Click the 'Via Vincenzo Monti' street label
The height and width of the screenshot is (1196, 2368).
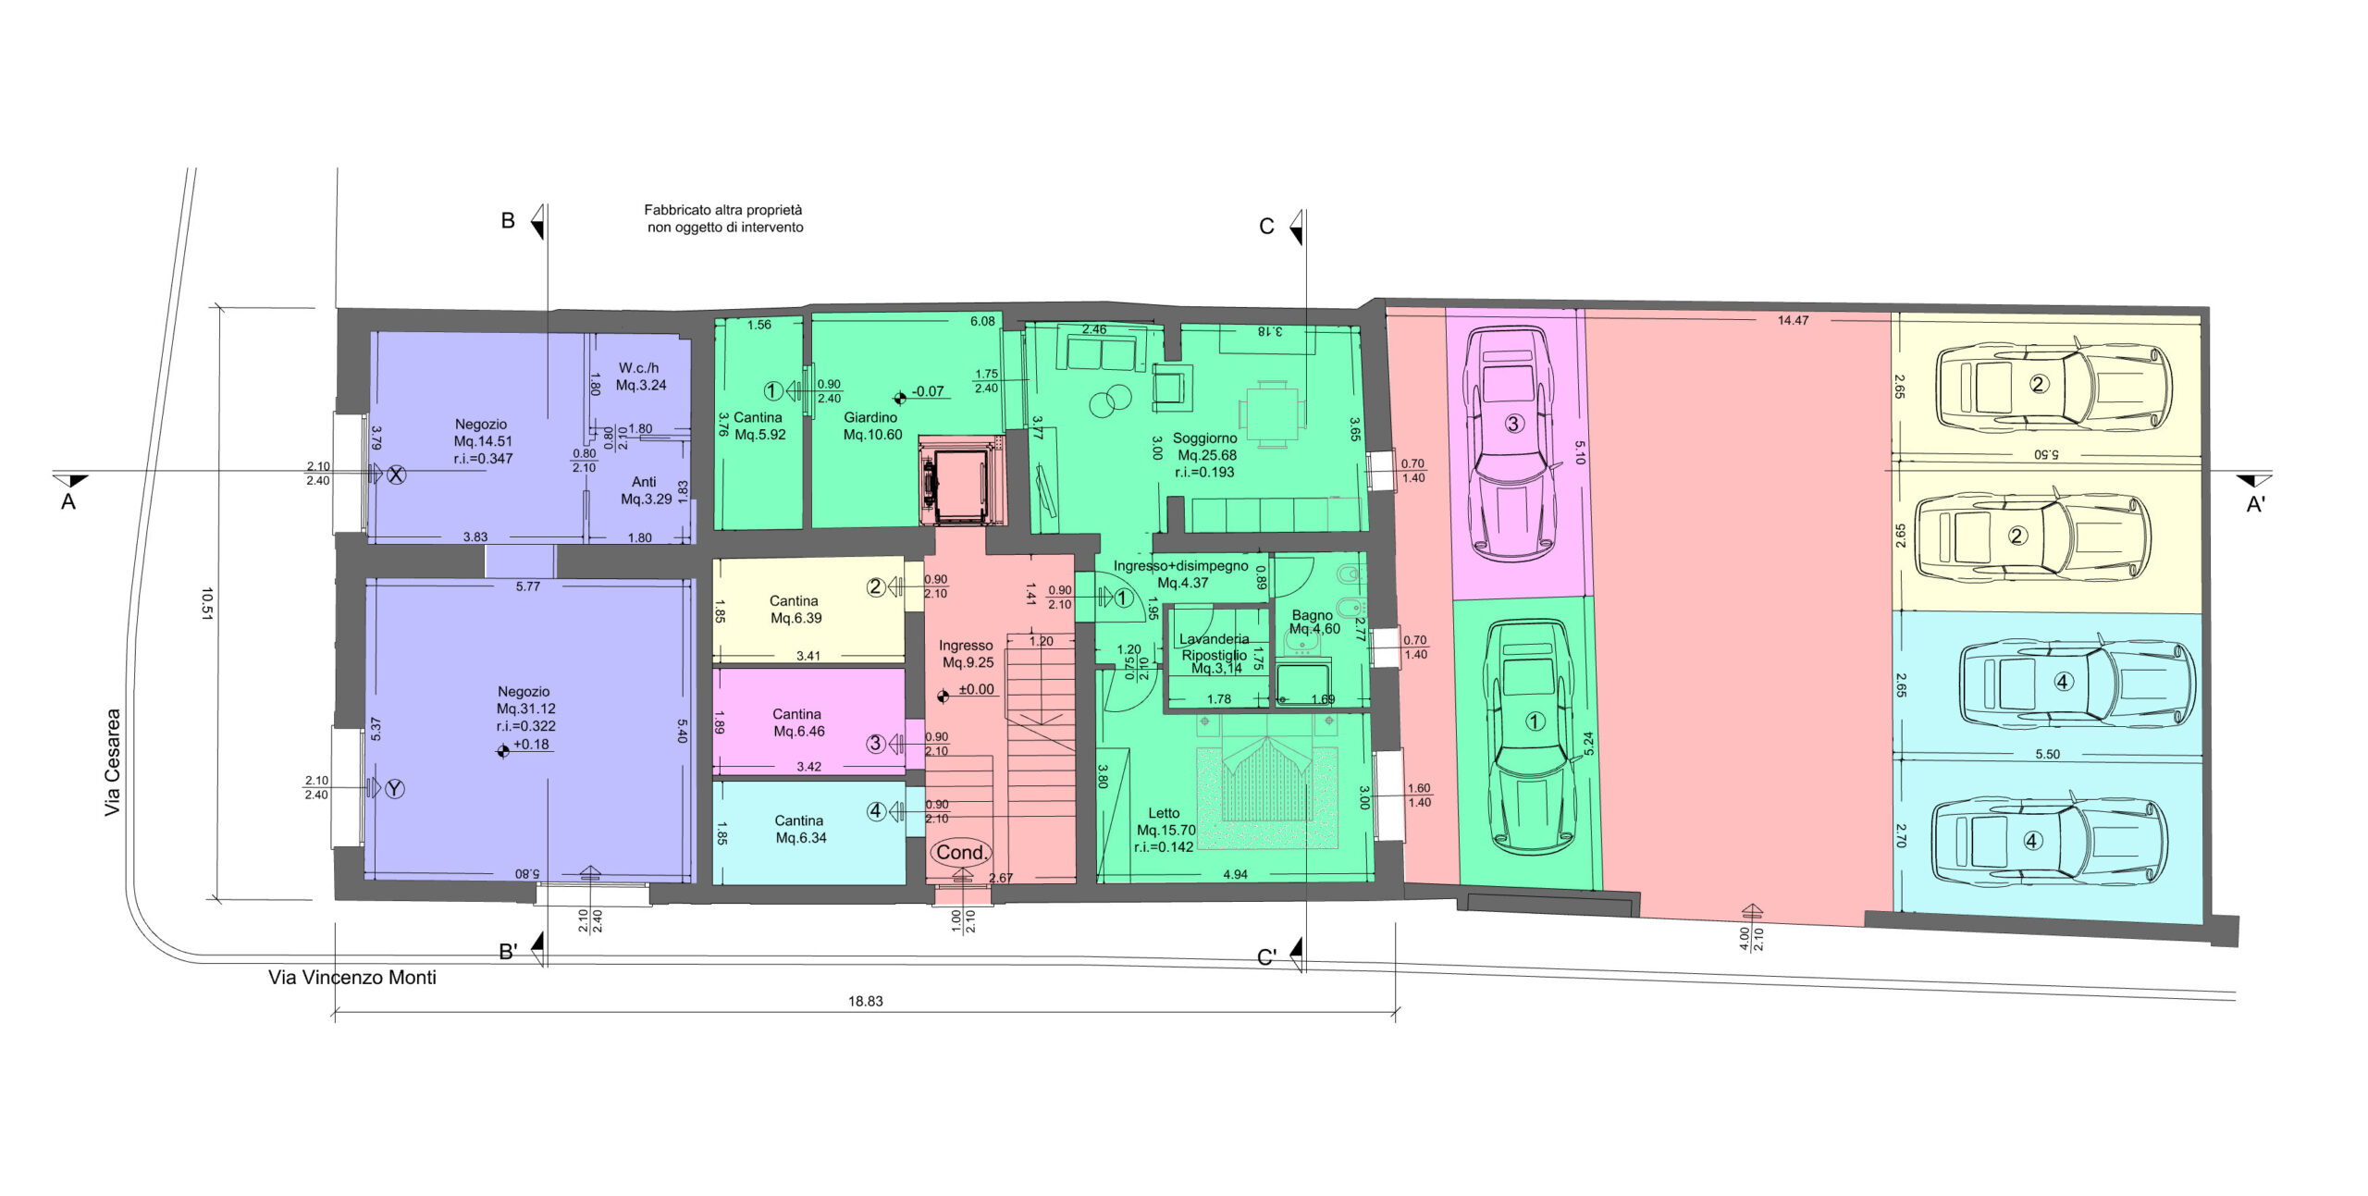click(x=352, y=977)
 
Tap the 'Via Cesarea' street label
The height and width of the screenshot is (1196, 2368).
click(x=112, y=762)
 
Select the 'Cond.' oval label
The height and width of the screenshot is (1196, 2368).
click(x=961, y=852)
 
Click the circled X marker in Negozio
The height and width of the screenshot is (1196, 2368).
click(x=396, y=475)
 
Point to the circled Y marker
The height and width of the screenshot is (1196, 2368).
click(x=394, y=789)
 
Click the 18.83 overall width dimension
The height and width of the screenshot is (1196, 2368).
click(x=865, y=1001)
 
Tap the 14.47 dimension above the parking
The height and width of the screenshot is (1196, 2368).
click(x=1793, y=320)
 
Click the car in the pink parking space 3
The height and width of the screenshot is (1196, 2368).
click(x=1513, y=443)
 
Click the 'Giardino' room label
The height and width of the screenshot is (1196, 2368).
click(x=870, y=417)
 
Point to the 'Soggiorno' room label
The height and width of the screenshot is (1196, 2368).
click(x=1204, y=438)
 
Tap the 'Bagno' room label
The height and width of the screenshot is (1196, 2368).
click(x=1312, y=615)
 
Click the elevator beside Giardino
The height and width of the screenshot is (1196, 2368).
click(x=960, y=481)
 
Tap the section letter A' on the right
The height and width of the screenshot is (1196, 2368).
click(x=2256, y=505)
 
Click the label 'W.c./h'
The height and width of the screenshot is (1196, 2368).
click(x=639, y=368)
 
